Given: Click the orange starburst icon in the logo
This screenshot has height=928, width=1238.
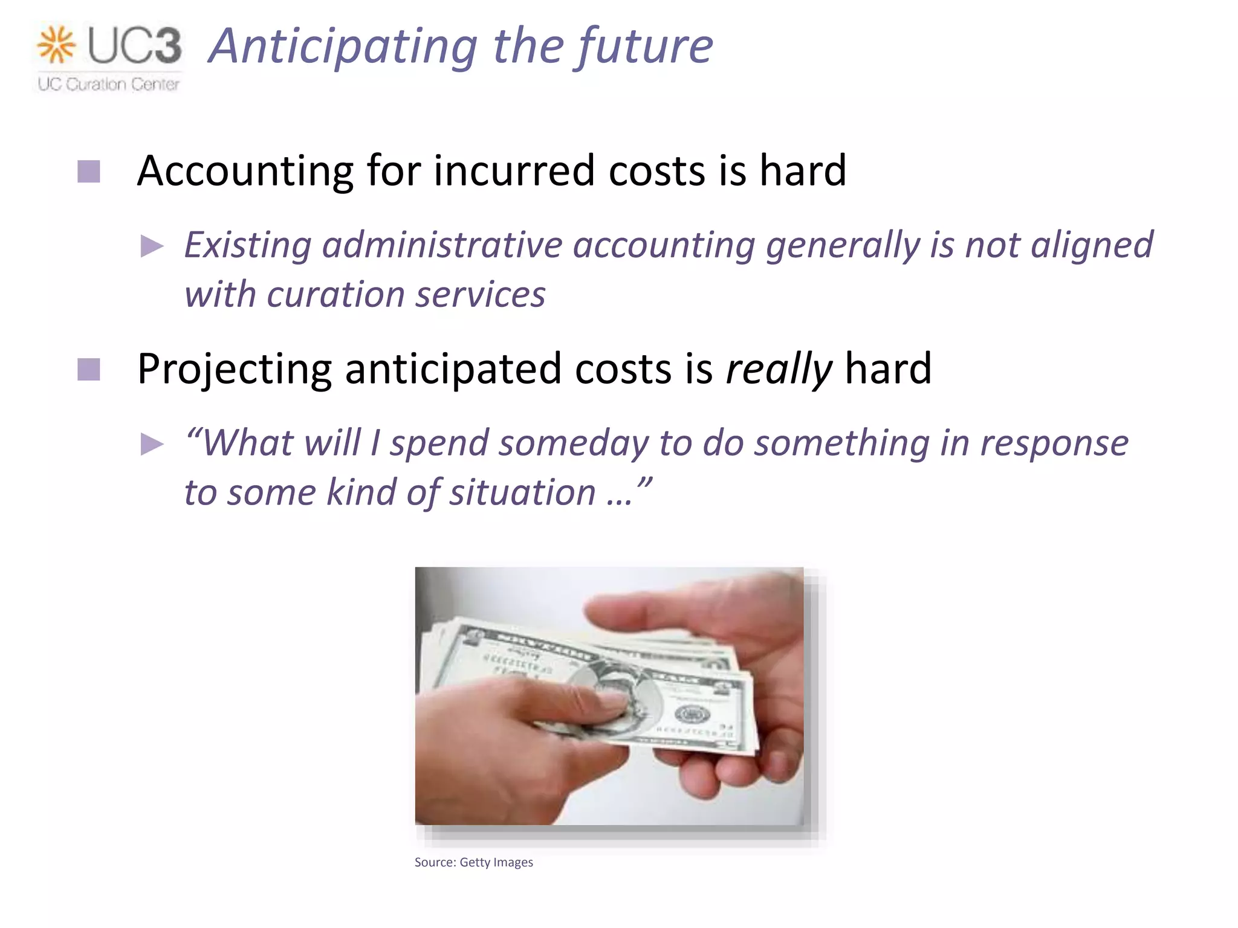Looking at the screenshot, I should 56,45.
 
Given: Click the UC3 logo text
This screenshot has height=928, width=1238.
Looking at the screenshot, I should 134,45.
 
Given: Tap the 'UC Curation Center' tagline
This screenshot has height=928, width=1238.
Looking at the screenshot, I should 109,84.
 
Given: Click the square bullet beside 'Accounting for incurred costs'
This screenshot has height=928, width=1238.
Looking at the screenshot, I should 89,172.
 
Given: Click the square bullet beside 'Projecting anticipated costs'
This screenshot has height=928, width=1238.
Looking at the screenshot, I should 89,370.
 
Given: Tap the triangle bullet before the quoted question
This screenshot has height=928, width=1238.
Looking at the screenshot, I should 152,444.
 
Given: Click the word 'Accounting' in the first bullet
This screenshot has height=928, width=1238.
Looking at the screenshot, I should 245,171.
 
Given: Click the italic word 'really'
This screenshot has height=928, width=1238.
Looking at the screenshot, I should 779,369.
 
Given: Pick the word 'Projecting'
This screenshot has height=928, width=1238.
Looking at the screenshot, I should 235,369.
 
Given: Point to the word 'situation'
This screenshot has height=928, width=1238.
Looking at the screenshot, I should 522,492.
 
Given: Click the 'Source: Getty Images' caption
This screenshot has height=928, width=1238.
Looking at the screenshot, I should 473,862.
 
